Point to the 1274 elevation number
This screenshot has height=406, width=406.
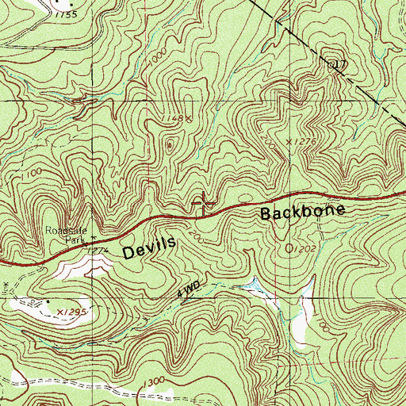96,251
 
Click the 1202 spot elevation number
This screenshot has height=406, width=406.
301,249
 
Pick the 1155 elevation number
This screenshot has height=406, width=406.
67,15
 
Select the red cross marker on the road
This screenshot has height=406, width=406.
205,204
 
